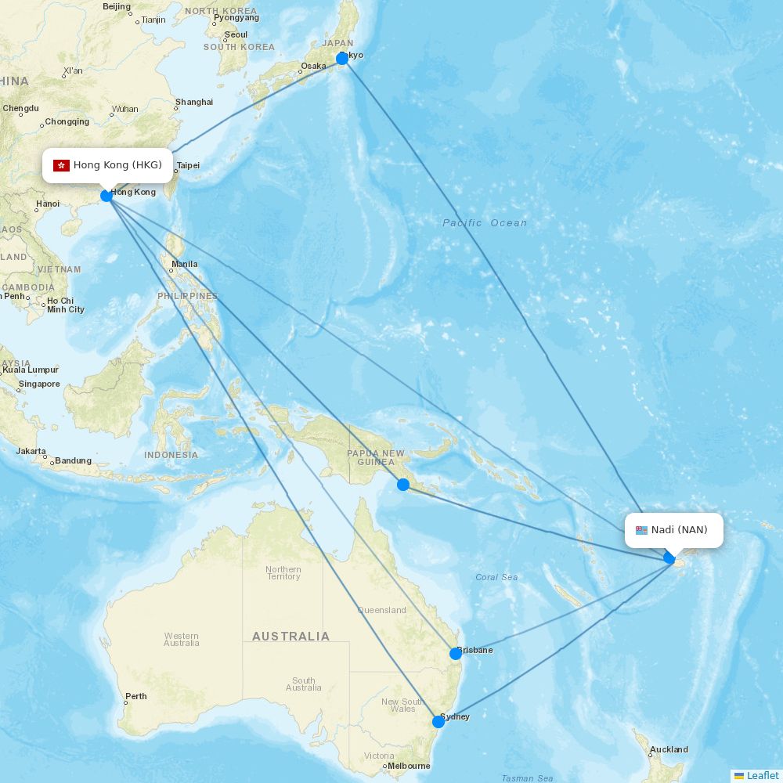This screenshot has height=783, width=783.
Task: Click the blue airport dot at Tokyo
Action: (342, 59)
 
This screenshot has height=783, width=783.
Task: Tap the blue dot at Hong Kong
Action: (106, 196)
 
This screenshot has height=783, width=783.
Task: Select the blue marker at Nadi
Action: (669, 557)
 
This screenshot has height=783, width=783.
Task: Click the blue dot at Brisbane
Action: (455, 653)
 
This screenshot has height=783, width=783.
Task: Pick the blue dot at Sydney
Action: (438, 721)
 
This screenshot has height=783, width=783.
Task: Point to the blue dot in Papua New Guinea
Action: (403, 485)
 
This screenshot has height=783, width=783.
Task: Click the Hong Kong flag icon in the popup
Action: (61, 165)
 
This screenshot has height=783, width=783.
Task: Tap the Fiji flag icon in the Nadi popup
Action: (641, 530)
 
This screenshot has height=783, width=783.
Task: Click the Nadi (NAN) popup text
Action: (679, 530)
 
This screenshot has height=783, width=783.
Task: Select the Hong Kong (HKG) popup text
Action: (117, 165)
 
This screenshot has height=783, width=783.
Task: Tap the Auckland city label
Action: (669, 749)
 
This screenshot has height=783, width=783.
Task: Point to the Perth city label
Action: (135, 696)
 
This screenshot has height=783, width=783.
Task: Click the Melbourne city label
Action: (409, 766)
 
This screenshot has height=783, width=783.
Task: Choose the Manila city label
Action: (184, 264)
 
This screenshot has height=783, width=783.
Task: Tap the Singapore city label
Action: (39, 384)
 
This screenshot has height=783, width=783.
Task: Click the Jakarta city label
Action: (31, 451)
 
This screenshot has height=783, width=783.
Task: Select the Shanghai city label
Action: (194, 102)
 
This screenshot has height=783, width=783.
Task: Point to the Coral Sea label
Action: (496, 577)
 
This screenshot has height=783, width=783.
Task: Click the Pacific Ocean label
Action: (485, 223)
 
